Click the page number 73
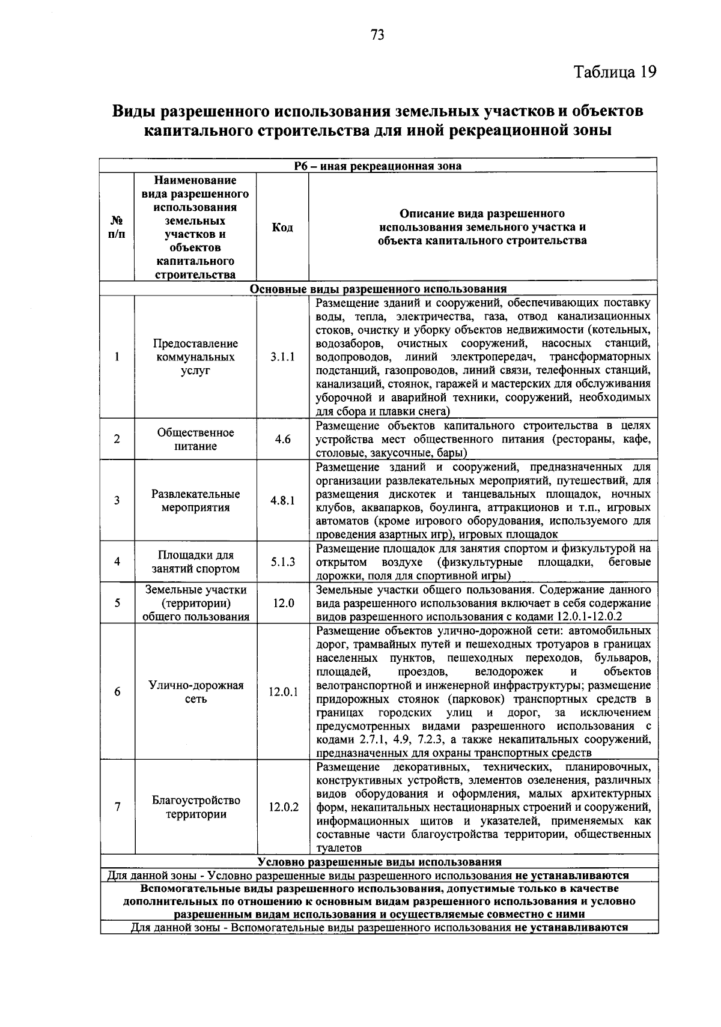377,35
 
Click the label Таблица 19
615,72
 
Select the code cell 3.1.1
282,357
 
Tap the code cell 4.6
282,439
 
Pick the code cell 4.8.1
282,501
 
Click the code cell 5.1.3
282,562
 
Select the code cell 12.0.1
283,692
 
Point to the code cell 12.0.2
283,807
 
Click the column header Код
282,227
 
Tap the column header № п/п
117,227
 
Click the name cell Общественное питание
195,439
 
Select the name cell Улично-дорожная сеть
196,692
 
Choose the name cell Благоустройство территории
196,807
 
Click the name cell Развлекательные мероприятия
195,501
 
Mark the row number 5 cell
117,603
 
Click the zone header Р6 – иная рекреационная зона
378,166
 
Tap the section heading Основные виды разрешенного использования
378,289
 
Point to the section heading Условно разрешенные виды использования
379,862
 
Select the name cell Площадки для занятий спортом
195,562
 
